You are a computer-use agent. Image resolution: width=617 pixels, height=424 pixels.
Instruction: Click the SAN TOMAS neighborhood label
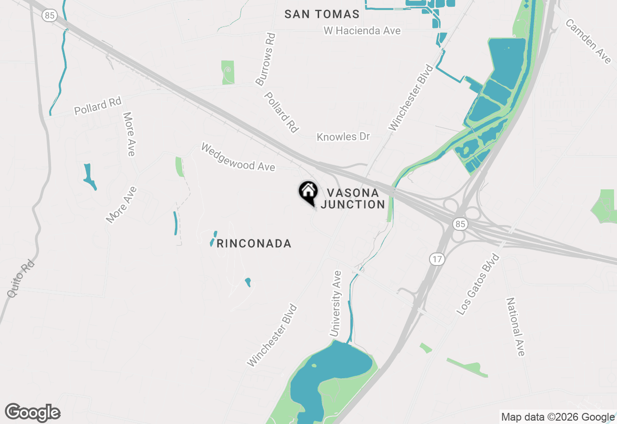(322, 14)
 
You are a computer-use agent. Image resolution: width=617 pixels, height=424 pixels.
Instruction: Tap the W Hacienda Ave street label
(362, 30)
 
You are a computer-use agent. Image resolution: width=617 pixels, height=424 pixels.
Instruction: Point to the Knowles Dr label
(343, 137)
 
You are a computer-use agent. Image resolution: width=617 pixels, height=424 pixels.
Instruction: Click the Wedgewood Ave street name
(238, 157)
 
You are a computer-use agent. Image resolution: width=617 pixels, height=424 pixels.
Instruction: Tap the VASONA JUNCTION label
(353, 199)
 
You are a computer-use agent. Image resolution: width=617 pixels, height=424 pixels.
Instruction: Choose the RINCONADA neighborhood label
(254, 243)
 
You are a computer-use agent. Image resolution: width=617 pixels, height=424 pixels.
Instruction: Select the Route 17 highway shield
(437, 260)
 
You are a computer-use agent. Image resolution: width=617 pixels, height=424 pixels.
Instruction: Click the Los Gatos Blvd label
(478, 284)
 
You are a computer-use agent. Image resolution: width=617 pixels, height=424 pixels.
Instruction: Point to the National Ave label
(515, 327)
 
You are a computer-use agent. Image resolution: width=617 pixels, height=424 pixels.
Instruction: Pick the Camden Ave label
(588, 41)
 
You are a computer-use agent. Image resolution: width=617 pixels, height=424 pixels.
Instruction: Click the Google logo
(33, 412)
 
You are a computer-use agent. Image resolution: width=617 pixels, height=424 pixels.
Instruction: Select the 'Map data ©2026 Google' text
(558, 417)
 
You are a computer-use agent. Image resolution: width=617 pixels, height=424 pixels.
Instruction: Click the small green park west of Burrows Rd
(228, 72)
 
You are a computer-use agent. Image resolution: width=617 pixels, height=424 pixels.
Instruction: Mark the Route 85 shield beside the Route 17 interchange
(460, 224)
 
